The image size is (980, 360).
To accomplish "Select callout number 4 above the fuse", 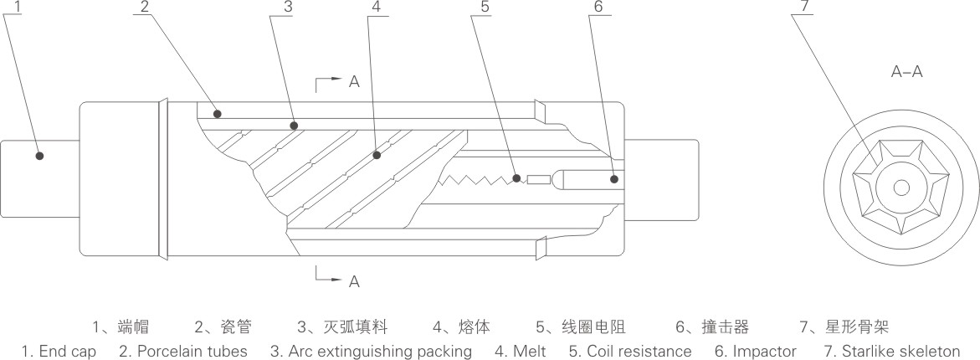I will point(376,6).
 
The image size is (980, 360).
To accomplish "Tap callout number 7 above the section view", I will point(804,6).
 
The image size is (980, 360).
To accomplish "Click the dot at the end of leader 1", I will point(39,155).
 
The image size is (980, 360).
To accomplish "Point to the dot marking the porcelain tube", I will point(217,112).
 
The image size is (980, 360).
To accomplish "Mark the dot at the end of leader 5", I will point(517,177).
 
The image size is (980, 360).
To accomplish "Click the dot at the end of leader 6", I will point(613,178).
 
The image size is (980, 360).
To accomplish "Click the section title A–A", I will point(906,72).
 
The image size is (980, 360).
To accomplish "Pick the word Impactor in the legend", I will point(763,352).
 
